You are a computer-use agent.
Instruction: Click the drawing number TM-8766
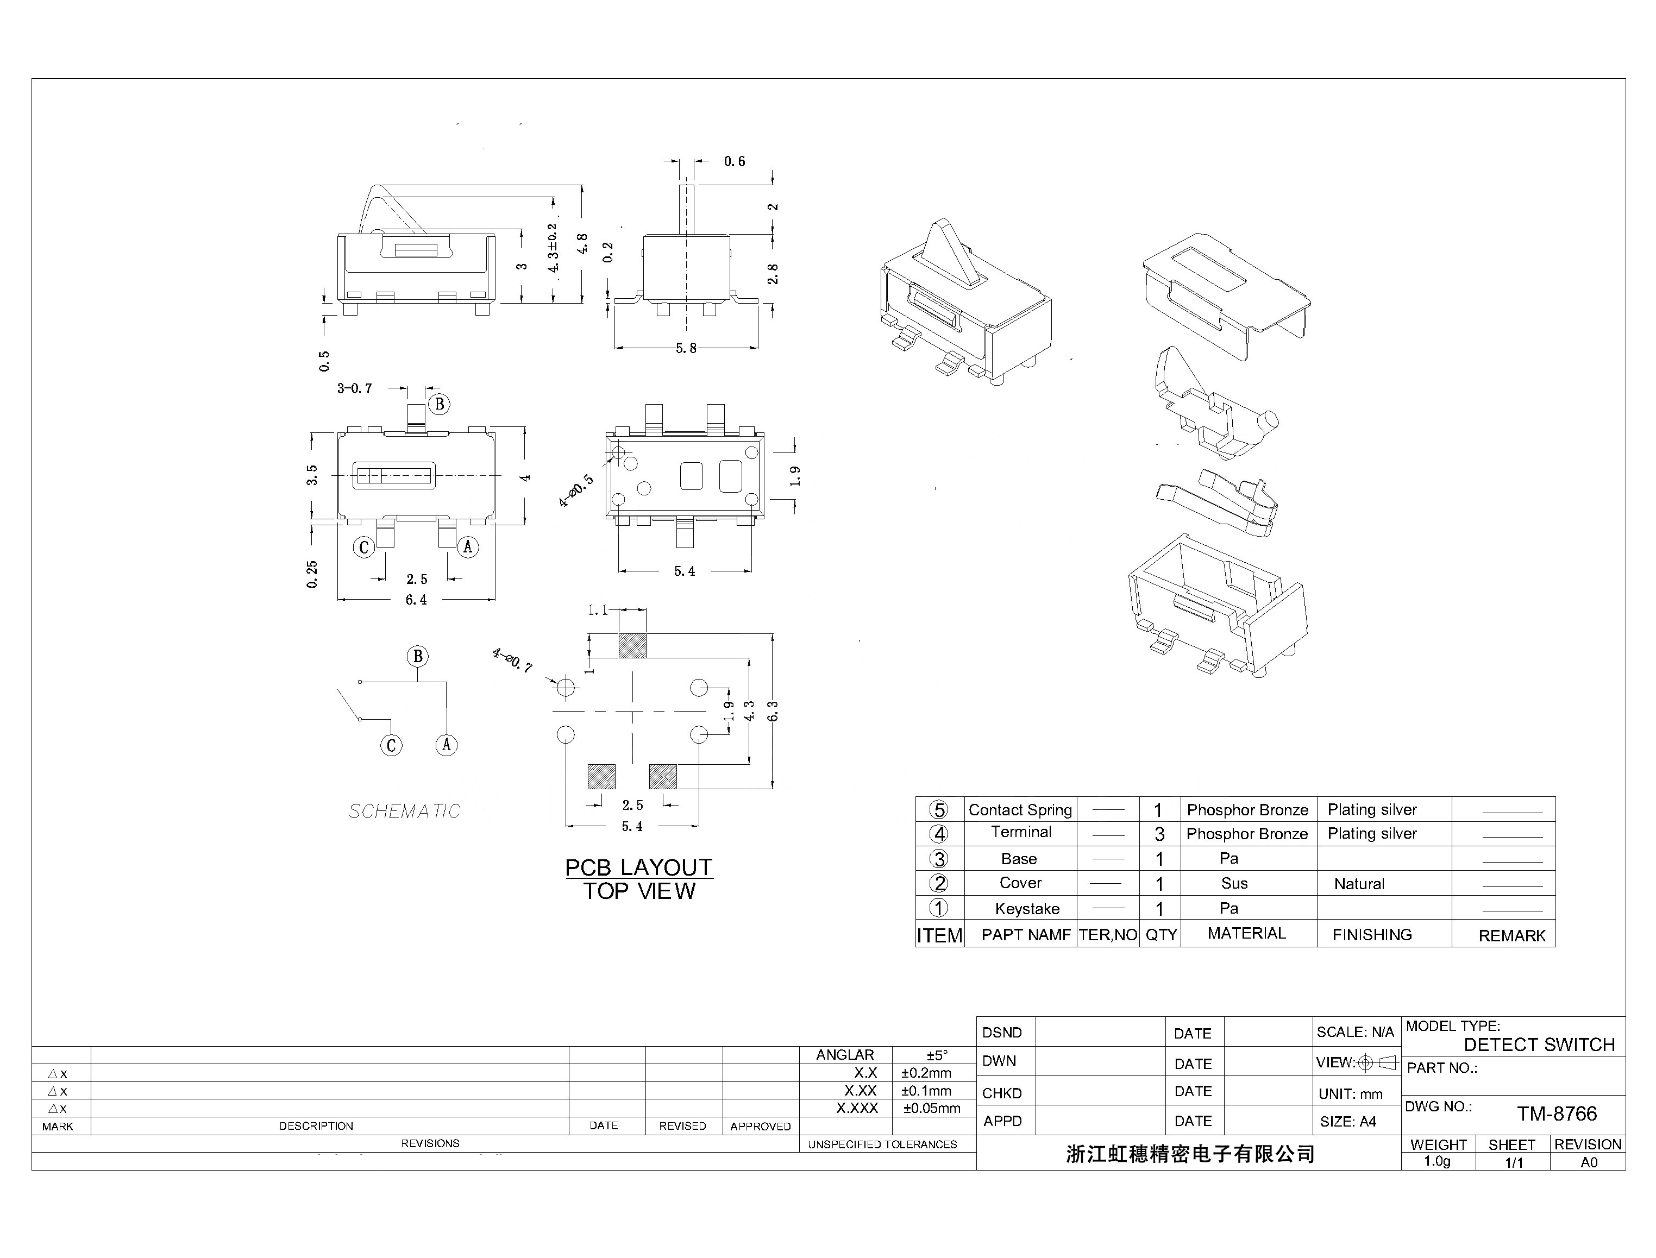(x=1557, y=1114)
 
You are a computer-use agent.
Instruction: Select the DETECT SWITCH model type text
(x=1539, y=1045)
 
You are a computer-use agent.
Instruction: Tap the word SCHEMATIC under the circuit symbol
(x=404, y=811)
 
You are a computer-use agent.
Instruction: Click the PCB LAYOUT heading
(x=638, y=867)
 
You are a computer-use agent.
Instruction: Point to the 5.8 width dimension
(x=686, y=348)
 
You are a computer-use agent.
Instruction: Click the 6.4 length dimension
(x=416, y=600)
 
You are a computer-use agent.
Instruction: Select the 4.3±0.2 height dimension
(x=553, y=248)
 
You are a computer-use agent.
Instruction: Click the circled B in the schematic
(x=418, y=657)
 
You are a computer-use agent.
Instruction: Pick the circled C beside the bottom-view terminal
(x=364, y=548)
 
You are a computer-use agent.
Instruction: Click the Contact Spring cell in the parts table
(x=1020, y=809)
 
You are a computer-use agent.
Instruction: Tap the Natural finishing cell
(x=1359, y=884)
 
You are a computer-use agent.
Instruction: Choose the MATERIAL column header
(x=1246, y=933)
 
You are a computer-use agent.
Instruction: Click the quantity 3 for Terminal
(x=1159, y=834)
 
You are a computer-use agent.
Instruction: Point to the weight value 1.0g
(x=1437, y=1161)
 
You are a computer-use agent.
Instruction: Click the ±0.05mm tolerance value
(x=932, y=1108)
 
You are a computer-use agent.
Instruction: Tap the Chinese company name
(x=1190, y=1154)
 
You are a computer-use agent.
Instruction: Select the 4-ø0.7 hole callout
(x=512, y=661)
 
